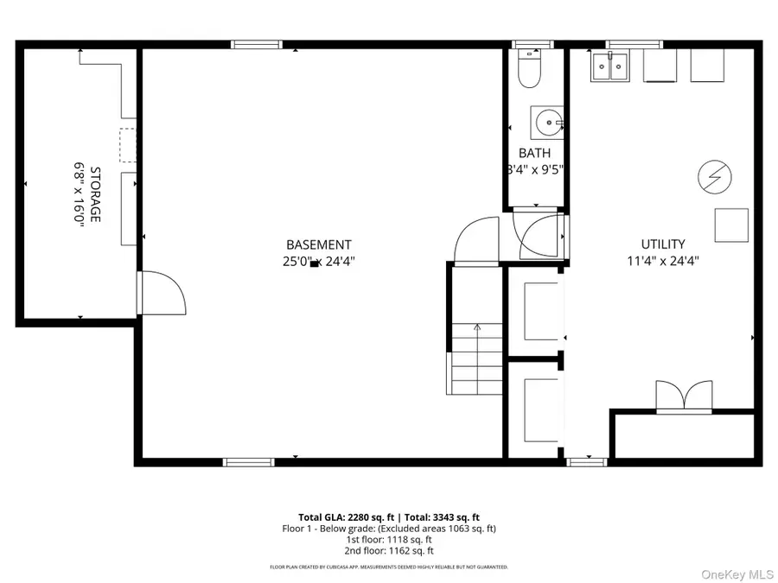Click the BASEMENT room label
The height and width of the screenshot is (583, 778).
tap(319, 244)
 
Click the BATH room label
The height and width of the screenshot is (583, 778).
tap(534, 153)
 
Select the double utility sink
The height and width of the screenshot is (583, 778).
tap(610, 67)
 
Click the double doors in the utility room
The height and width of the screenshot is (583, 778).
tap(684, 396)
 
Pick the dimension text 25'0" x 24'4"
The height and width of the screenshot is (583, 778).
tap(319, 261)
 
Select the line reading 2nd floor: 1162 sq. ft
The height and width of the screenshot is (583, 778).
tap(388, 550)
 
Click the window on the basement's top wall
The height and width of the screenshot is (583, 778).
tap(257, 44)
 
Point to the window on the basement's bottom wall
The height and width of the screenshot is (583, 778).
tap(249, 462)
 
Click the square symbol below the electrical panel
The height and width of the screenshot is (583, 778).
tap(730, 225)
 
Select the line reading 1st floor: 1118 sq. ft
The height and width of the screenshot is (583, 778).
tap(388, 539)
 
